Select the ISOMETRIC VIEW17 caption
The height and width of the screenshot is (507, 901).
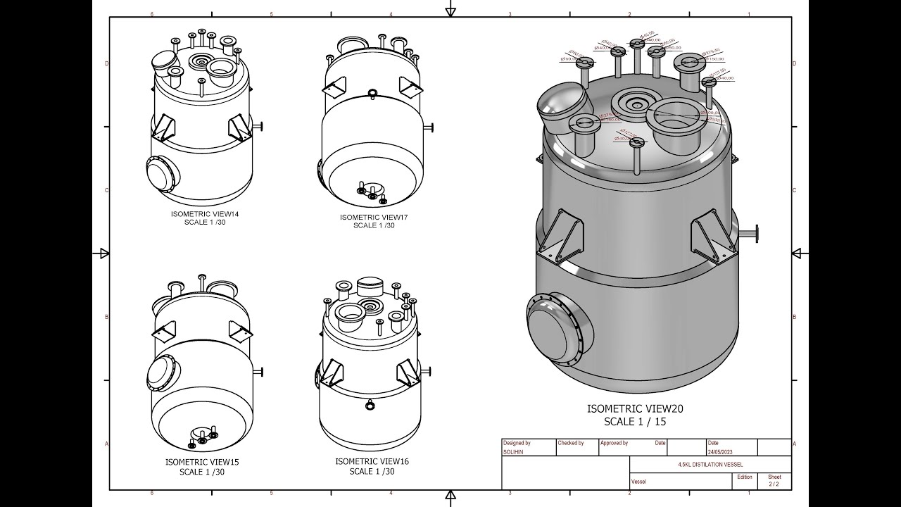pos(374,217)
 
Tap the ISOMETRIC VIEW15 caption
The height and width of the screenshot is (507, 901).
pos(202,462)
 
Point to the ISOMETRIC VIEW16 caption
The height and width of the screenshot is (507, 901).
pos(372,461)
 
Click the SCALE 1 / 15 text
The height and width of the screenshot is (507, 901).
pos(634,422)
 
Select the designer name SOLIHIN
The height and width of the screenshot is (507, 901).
pos(513,452)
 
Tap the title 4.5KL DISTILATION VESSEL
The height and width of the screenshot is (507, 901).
pos(710,465)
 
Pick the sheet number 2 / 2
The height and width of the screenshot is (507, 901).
pos(774,484)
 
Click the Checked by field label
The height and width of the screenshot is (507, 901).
pos(571,443)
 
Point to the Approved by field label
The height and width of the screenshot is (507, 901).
pos(614,443)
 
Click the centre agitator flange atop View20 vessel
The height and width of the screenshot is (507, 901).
pos(636,104)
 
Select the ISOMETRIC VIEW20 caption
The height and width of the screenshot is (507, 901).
pos(635,408)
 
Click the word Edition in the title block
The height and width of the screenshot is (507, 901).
pos(744,477)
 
